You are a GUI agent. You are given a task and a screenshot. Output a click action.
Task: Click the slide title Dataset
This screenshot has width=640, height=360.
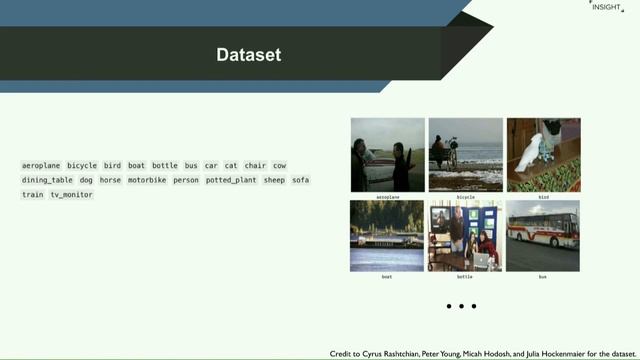pyautogui.click(x=249, y=55)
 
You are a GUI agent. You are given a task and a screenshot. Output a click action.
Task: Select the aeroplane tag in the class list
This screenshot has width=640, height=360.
pyautogui.click(x=41, y=165)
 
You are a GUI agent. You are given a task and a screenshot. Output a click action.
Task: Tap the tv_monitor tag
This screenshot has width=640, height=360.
pyautogui.click(x=71, y=195)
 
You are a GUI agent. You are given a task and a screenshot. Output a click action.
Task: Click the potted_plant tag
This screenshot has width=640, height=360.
pyautogui.click(x=231, y=180)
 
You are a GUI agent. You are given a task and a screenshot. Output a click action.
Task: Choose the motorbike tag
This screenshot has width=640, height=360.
pyautogui.click(x=147, y=180)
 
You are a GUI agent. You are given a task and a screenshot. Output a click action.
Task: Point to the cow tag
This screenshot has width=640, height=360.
pyautogui.click(x=279, y=165)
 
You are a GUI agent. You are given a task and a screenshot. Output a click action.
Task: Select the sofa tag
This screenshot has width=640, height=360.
pyautogui.click(x=300, y=180)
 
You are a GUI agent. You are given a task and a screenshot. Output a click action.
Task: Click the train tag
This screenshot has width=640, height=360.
pyautogui.click(x=33, y=195)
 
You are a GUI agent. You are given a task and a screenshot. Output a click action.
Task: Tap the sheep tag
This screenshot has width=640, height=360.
pyautogui.click(x=274, y=180)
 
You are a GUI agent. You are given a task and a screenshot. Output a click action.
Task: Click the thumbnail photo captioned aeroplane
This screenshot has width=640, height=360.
pyautogui.click(x=387, y=155)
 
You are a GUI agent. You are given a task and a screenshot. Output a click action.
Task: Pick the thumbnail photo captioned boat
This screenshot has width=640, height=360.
pyautogui.click(x=387, y=235)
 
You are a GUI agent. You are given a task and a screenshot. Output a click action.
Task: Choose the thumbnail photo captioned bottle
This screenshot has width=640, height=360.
pyautogui.click(x=465, y=235)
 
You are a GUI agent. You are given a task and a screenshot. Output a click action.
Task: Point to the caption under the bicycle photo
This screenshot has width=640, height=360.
pyautogui.click(x=465, y=197)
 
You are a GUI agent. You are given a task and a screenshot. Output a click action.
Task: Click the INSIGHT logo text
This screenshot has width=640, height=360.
pyautogui.click(x=605, y=7)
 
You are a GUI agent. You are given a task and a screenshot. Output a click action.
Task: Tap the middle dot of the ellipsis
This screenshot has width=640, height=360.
pyautogui.click(x=461, y=306)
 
